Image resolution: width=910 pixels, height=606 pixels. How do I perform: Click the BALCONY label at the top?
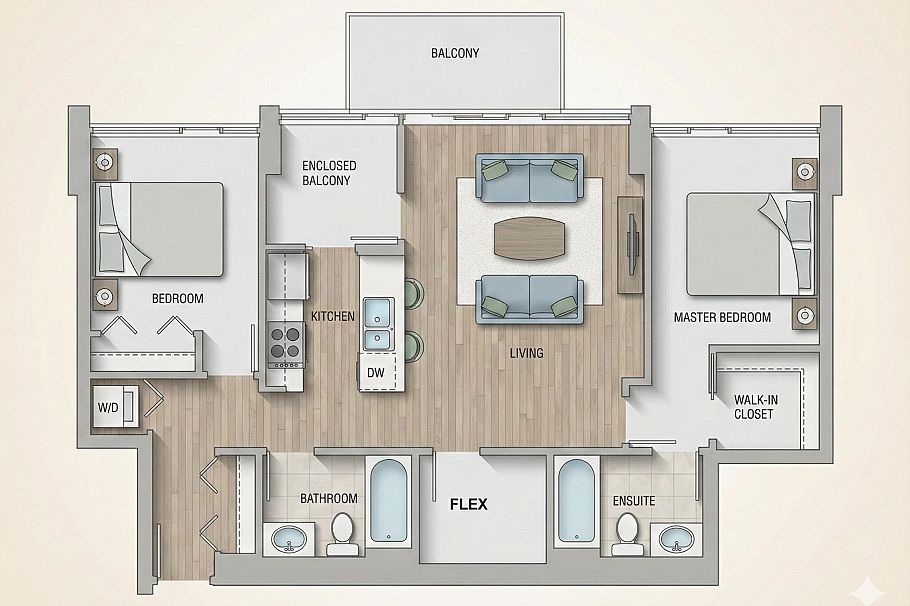pyautogui.click(x=455, y=53)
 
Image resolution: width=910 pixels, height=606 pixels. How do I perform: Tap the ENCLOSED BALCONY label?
pyautogui.click(x=329, y=173)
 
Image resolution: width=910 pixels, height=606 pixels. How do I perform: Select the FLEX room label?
pyautogui.click(x=468, y=505)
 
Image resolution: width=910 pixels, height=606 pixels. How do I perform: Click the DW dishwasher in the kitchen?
pyautogui.click(x=374, y=372)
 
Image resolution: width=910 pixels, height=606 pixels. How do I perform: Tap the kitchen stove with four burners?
pyautogui.click(x=285, y=343)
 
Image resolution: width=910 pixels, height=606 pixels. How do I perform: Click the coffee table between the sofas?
pyautogui.click(x=529, y=237)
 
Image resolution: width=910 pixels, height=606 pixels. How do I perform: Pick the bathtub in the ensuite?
pyautogui.click(x=578, y=501)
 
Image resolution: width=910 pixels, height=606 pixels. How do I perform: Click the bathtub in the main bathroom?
pyautogui.click(x=389, y=501)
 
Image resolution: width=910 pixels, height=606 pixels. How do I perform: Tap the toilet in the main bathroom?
pyautogui.click(x=342, y=533)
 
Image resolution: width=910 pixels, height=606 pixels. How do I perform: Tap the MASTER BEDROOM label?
pyautogui.click(x=721, y=318)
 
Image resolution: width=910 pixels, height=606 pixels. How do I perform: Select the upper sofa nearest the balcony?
pyautogui.click(x=529, y=175)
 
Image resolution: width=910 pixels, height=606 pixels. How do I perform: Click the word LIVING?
pyautogui.click(x=526, y=353)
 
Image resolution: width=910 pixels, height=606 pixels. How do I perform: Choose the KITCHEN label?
pyautogui.click(x=333, y=316)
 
